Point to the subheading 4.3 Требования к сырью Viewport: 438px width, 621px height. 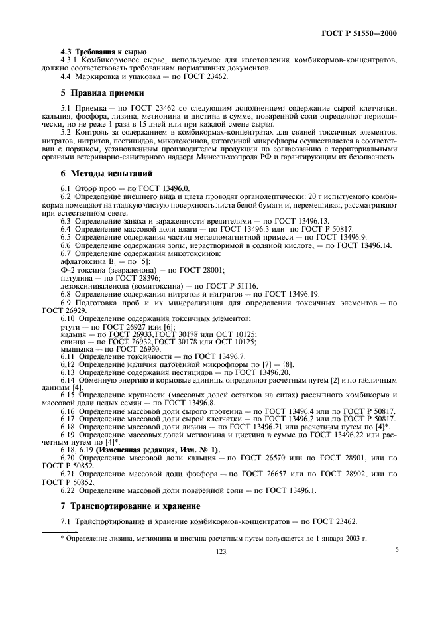pos(95,52)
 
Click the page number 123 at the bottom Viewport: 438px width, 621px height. pos(219,551)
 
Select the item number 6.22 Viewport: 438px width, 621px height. pos(68,490)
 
